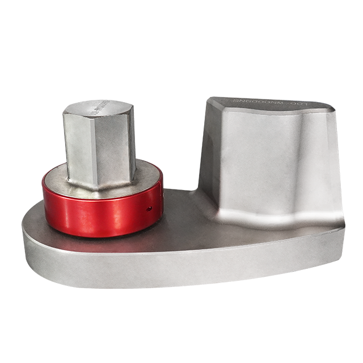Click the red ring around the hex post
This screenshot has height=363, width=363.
(x=85, y=210)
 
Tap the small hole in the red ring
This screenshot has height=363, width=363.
(x=149, y=209)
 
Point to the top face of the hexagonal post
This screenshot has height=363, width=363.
(x=98, y=108)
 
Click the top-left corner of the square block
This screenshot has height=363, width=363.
(x=209, y=99)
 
